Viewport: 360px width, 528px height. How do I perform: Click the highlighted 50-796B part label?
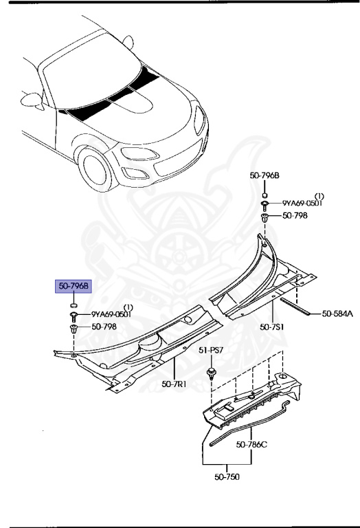coord(73,285)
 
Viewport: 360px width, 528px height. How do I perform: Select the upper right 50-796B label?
coord(265,177)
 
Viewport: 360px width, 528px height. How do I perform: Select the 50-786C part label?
coord(251,444)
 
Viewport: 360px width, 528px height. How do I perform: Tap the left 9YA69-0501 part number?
coord(111,314)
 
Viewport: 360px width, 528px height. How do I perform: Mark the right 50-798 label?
coord(295,215)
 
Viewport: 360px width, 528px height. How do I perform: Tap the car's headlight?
coord(199,123)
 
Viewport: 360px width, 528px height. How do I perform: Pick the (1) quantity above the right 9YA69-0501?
coord(319,195)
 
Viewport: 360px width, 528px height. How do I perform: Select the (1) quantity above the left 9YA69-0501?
coord(128,307)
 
